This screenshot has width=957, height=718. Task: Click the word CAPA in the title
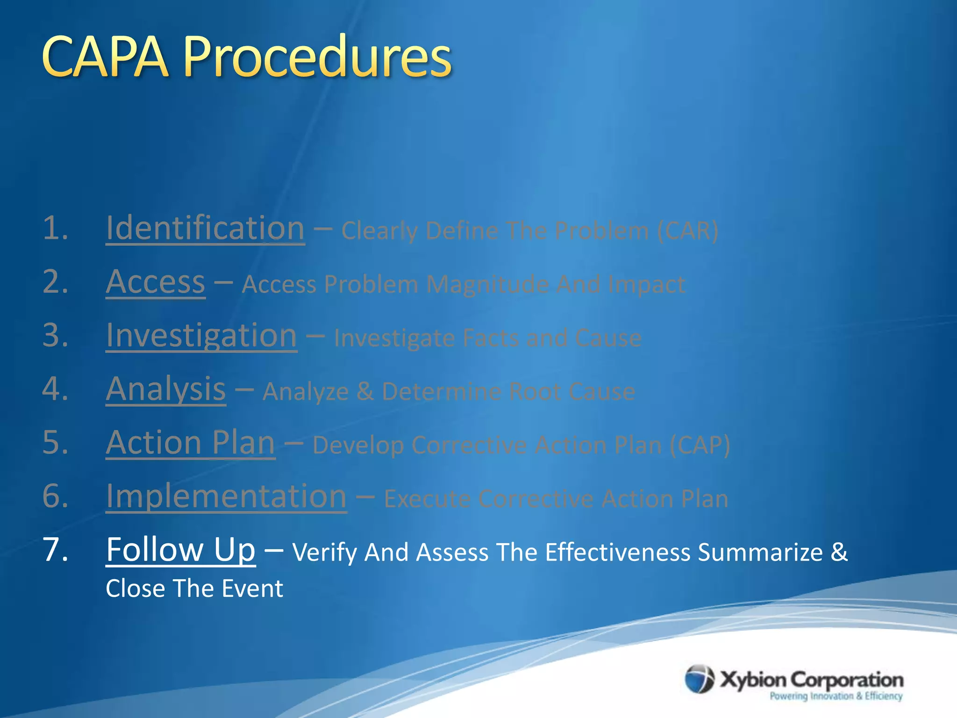[x=105, y=57]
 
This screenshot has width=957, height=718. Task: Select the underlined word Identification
[x=205, y=229]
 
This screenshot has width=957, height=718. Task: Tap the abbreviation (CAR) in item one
[x=687, y=230]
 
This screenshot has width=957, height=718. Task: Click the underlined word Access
[x=155, y=282]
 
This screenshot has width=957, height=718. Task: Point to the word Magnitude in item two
[x=487, y=284]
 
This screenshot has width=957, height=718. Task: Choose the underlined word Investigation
[x=201, y=336]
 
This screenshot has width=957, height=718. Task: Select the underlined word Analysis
[x=166, y=389]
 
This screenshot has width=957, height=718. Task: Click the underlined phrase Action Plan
[x=190, y=443]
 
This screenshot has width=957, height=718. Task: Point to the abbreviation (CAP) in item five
[x=699, y=445]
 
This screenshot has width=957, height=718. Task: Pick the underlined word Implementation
[x=226, y=496]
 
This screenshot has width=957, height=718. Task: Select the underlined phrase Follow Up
[x=180, y=550]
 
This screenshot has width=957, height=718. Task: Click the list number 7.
[x=55, y=550]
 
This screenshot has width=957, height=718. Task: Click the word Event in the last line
[x=252, y=589]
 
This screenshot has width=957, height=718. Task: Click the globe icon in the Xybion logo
[x=700, y=679]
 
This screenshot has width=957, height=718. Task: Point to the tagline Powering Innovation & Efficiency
[x=836, y=696]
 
